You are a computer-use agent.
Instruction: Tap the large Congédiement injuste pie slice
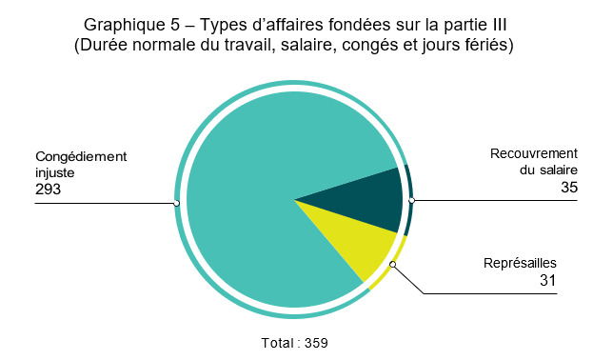[257, 190]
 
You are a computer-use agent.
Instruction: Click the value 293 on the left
[48, 189]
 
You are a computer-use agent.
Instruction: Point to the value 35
[568, 189]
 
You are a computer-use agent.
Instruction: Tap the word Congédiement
[80, 156]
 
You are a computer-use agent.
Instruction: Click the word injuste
[55, 172]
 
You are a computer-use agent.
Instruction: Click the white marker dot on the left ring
[177, 203]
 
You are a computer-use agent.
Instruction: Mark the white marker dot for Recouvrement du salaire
[411, 201]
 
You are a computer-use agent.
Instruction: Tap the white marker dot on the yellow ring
[392, 266]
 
